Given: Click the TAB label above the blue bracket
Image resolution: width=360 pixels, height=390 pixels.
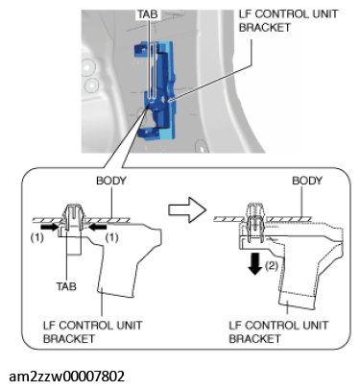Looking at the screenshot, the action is (x=148, y=14).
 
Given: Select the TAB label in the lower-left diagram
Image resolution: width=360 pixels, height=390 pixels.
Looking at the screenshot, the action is (x=66, y=286).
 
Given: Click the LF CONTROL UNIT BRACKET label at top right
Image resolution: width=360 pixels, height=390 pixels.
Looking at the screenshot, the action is (x=288, y=20).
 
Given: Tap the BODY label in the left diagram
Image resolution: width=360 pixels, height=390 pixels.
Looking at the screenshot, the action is (x=111, y=181).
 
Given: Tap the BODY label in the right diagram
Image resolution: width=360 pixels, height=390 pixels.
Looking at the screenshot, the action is (x=307, y=181).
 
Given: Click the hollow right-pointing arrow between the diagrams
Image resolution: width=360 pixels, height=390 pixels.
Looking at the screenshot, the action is (x=187, y=209).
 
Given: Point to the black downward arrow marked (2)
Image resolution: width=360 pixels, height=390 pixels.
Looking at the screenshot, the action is (x=255, y=263).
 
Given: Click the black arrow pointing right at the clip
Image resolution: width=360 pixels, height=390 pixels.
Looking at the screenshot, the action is (x=51, y=227).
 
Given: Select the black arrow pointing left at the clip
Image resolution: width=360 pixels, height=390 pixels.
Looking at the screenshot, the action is (x=97, y=227).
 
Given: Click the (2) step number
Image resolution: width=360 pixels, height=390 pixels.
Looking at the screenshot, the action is (x=272, y=265).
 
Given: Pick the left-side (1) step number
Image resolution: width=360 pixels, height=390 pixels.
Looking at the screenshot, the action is (x=36, y=237).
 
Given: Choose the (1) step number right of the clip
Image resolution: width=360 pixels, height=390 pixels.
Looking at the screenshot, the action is (x=111, y=237).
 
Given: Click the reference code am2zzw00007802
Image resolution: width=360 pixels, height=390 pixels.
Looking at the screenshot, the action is (x=66, y=377).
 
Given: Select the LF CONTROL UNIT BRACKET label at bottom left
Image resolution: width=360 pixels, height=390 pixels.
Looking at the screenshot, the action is (x=92, y=331).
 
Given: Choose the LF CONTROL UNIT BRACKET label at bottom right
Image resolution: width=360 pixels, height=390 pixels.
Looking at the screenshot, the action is (x=278, y=331).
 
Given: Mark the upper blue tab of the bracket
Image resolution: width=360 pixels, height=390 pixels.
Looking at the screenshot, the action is (x=141, y=49).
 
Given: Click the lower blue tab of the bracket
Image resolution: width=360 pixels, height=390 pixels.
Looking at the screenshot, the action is (x=148, y=134).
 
